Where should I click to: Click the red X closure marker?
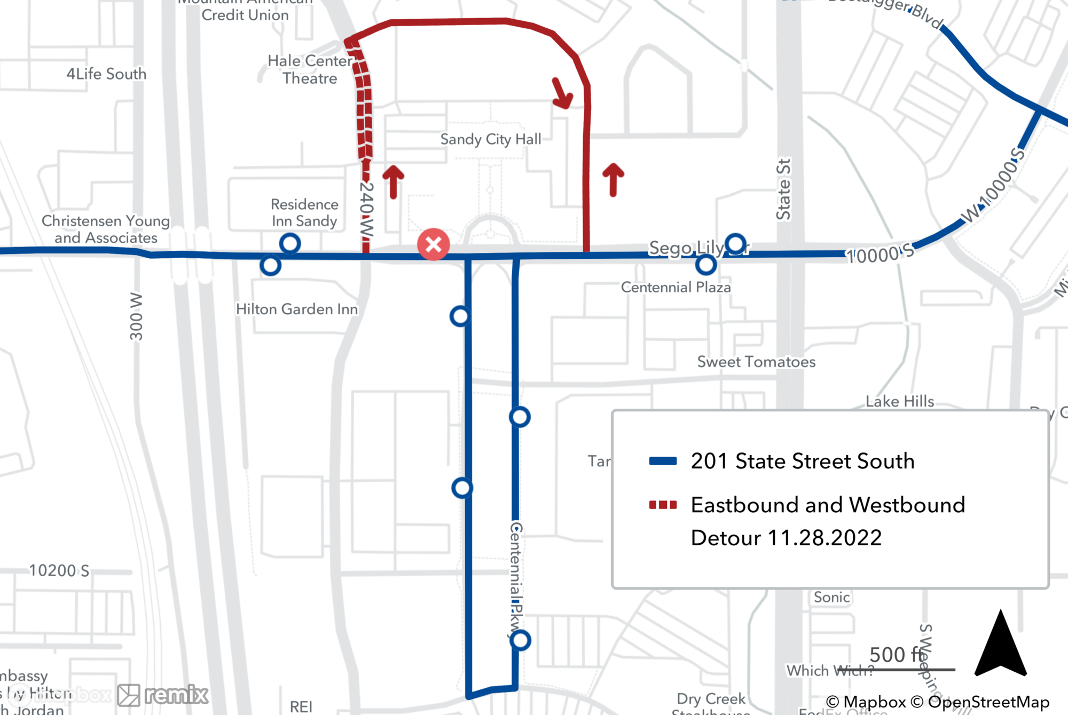point(433,244)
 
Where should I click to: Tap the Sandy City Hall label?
point(490,139)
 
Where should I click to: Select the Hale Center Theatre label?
point(310,69)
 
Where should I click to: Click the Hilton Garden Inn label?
point(296,309)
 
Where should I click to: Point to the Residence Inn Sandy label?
point(304,212)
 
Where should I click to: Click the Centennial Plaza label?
point(676,287)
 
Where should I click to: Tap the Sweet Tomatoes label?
point(756,362)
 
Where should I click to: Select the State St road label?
point(783,189)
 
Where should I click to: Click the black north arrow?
point(1000,646)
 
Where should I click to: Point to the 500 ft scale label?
point(896,655)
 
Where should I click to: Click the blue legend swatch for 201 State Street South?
point(663,461)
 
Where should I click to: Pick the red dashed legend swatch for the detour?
point(663,505)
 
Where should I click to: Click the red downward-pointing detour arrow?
point(562,94)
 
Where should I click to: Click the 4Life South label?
point(106,74)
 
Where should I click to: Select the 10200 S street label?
point(59,570)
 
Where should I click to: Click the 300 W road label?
point(136,316)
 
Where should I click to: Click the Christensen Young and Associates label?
point(106,229)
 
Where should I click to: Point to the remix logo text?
point(176,695)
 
